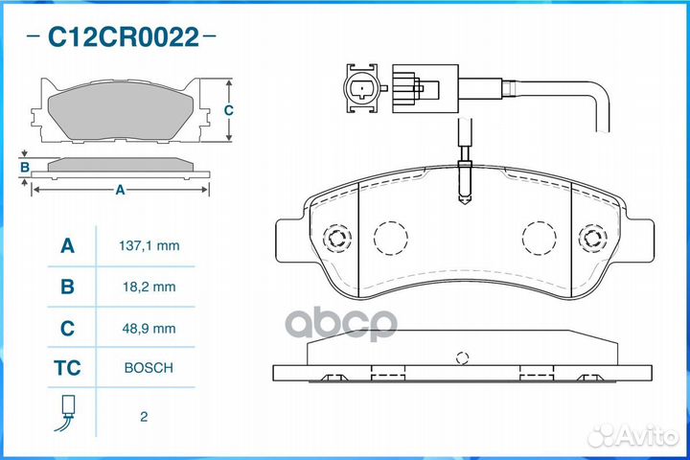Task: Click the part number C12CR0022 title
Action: (x=124, y=38)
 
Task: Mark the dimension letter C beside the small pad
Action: (x=228, y=110)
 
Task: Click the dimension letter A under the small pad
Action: (x=120, y=190)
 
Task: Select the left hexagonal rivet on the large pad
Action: (x=336, y=239)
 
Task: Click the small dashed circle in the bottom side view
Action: (x=462, y=358)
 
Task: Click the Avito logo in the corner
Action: (x=633, y=435)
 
